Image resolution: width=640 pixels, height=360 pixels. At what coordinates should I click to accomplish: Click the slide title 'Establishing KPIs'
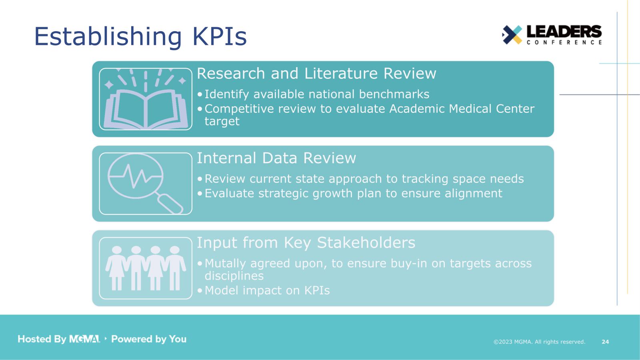click(x=140, y=36)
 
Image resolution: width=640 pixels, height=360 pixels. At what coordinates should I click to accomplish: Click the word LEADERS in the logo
click(x=564, y=32)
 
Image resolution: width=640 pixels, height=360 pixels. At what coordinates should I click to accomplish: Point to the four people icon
click(x=146, y=268)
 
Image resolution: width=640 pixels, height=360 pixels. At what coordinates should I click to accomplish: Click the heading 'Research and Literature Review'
click(x=316, y=74)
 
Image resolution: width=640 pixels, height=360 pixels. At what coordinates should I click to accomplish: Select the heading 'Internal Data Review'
click(x=276, y=158)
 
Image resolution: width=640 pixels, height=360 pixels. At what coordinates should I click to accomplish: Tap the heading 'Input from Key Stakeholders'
click(x=306, y=243)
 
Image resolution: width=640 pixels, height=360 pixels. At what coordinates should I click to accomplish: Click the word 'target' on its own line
click(x=222, y=122)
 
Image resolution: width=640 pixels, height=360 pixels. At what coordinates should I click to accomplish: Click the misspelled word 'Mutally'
click(x=225, y=264)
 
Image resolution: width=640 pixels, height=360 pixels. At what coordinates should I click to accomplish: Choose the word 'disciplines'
click(x=234, y=276)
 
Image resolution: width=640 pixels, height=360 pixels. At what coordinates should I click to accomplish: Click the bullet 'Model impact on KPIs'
click(x=267, y=290)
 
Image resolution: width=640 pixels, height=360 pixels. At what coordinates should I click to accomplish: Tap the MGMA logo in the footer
click(x=84, y=339)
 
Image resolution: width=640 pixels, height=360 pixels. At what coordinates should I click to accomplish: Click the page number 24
click(x=605, y=342)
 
